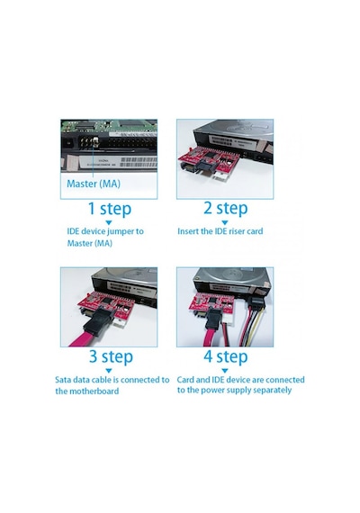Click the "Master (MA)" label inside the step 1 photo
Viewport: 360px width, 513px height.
(x=94, y=184)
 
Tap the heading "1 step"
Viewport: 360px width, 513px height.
(x=110, y=209)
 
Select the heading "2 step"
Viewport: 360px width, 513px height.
(x=226, y=209)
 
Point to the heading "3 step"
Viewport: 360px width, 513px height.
(x=111, y=356)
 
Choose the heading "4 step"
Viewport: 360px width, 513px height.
(x=226, y=356)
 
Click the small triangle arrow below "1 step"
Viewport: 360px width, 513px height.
(x=109, y=223)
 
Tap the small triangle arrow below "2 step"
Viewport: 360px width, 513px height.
(x=225, y=223)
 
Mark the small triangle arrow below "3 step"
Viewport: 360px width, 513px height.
(x=109, y=371)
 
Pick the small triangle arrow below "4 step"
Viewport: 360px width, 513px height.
(x=225, y=371)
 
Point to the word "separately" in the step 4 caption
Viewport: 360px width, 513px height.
(x=273, y=391)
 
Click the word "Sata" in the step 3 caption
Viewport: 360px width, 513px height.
(x=63, y=380)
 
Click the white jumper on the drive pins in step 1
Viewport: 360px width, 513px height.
(x=95, y=141)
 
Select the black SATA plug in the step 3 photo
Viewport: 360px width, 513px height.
(x=99, y=323)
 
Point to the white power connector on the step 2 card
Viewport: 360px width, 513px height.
(x=221, y=177)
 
